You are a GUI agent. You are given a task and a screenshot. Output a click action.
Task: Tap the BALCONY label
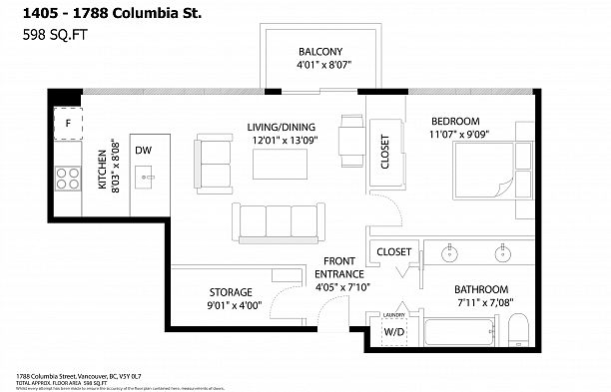(x=319, y=52)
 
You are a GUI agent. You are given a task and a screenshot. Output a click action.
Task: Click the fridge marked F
(x=67, y=125)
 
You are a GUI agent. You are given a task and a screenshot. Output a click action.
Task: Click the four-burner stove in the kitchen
(x=67, y=179)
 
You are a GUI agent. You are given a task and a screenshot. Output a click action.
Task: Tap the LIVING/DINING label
(x=282, y=127)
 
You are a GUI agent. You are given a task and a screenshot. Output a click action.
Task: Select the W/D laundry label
(x=394, y=331)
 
